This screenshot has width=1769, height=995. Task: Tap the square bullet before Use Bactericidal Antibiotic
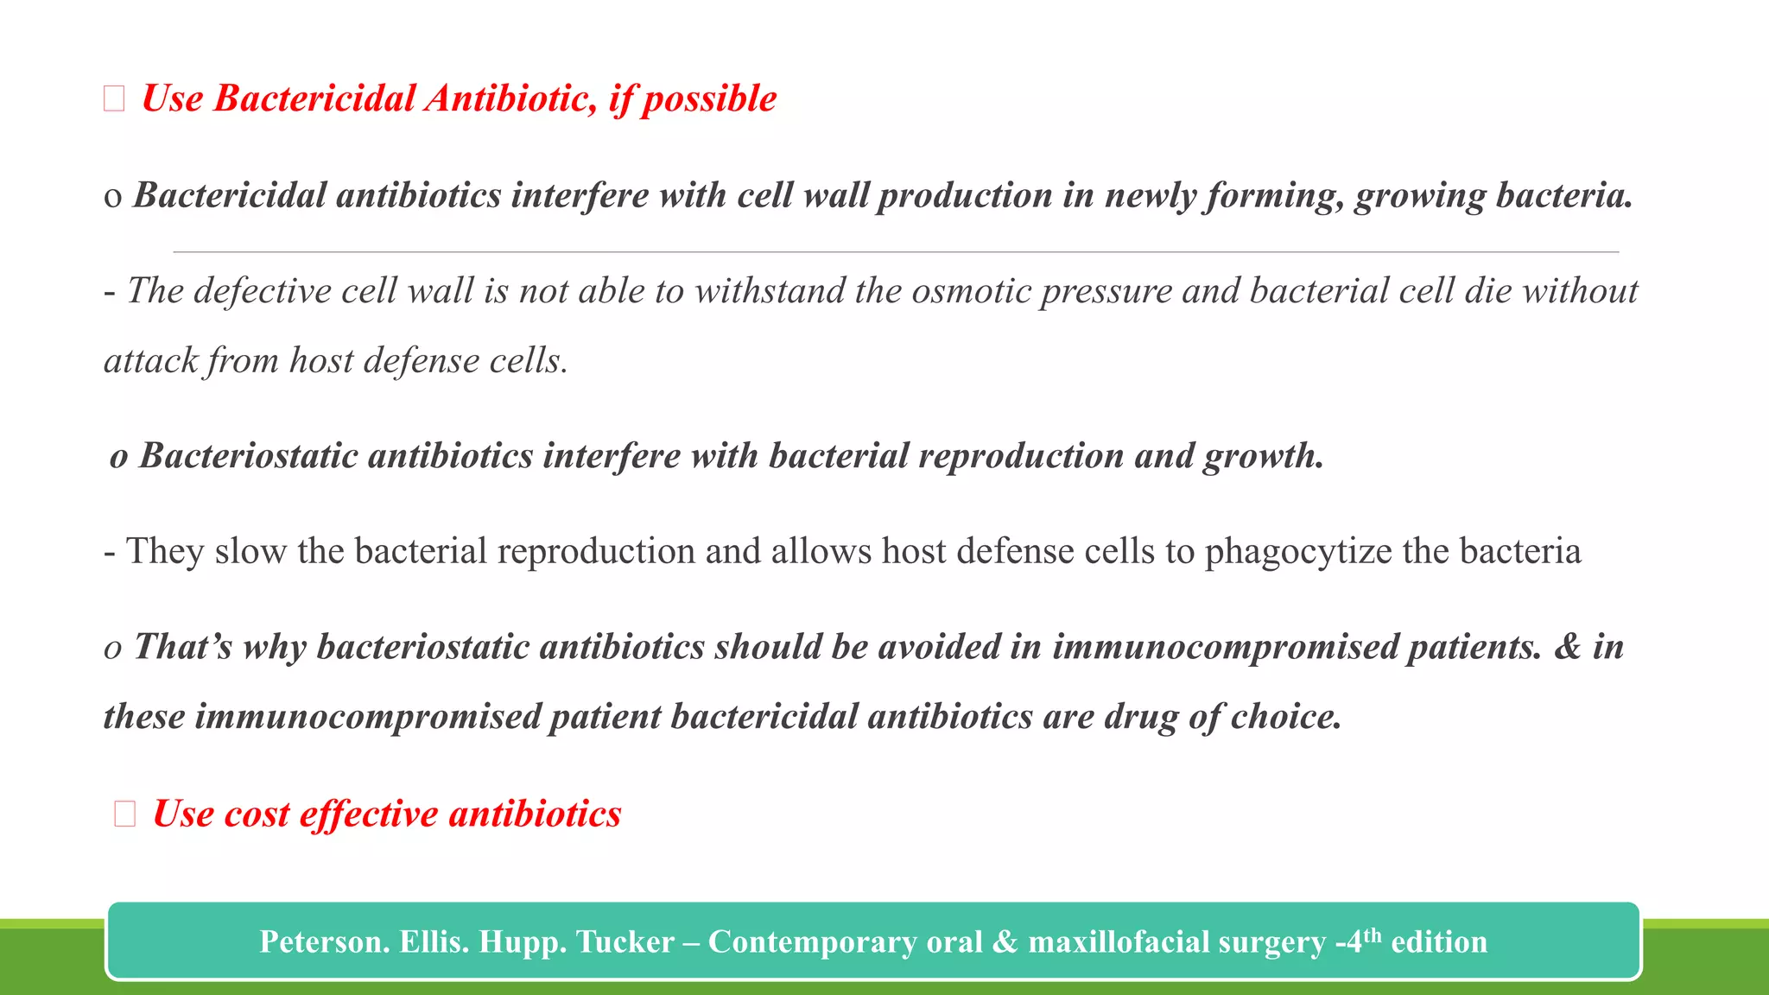114,99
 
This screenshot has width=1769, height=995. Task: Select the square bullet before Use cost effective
125,814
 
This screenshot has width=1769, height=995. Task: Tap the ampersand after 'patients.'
1567,647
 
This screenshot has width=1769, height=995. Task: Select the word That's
183,647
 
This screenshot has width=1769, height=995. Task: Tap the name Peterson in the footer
323,942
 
